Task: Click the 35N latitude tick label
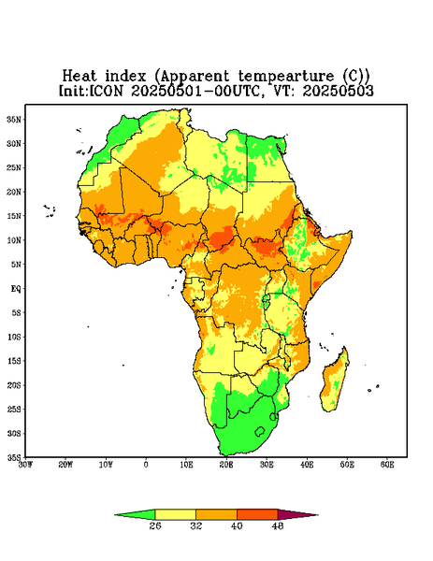click(x=14, y=119)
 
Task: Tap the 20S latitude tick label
click(x=14, y=385)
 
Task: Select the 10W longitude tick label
click(x=106, y=465)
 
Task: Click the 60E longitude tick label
click(x=387, y=465)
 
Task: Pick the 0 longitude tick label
click(x=146, y=465)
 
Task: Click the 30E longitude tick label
click(x=267, y=465)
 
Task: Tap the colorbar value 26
click(x=155, y=525)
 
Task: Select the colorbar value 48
click(x=278, y=525)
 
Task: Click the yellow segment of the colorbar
click(x=175, y=514)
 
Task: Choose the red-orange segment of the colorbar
click(x=257, y=514)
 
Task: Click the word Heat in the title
click(x=79, y=77)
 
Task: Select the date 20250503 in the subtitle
click(x=339, y=91)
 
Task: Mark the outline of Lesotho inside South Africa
click(x=260, y=431)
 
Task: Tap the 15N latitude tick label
click(x=14, y=216)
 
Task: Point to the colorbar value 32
click(x=195, y=525)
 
